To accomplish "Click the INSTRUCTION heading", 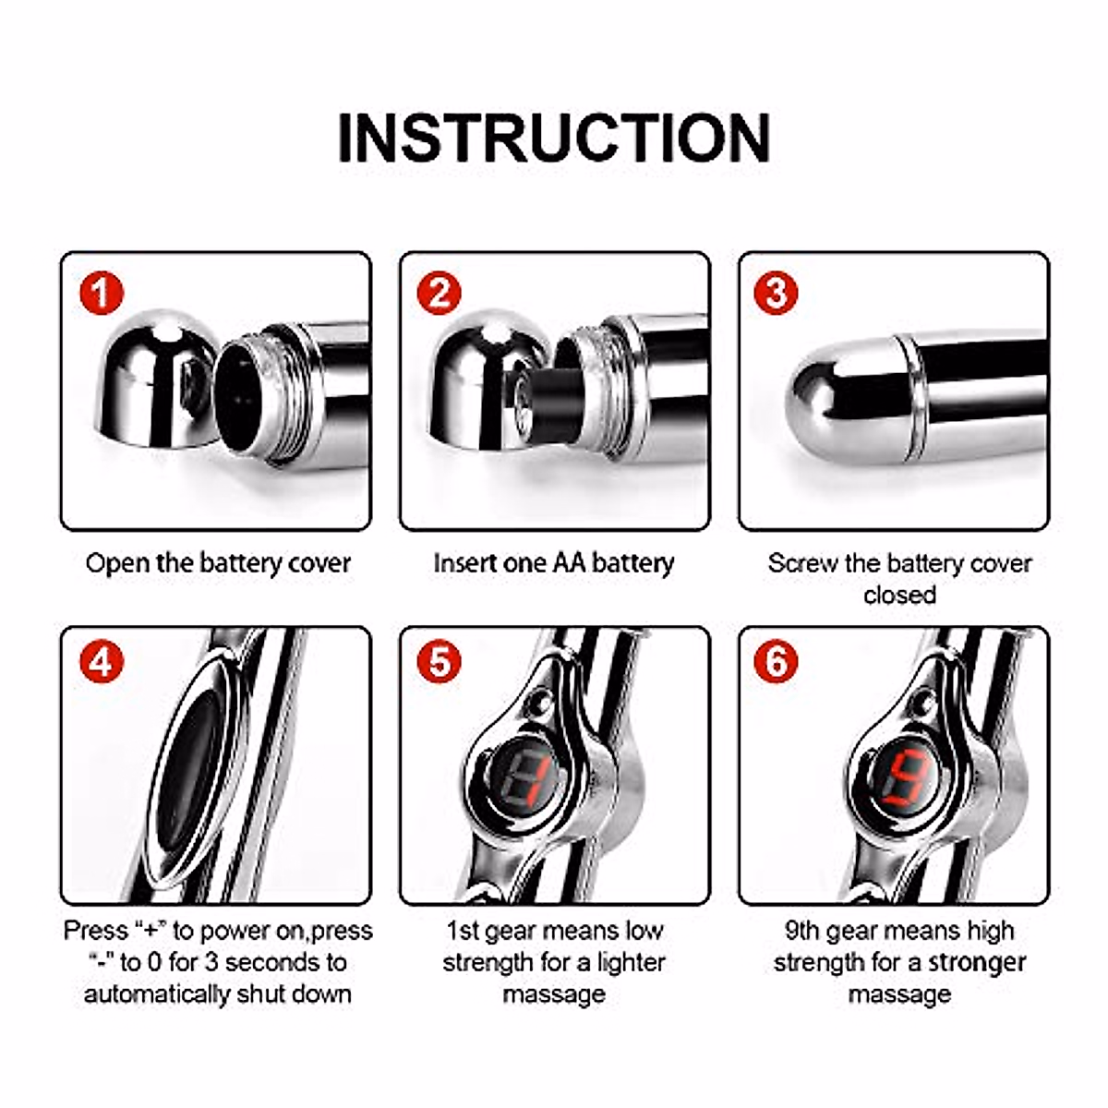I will point(554,138).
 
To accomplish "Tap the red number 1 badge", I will point(102,295).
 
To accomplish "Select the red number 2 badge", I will point(440,295).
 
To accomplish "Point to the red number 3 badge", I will point(777,295).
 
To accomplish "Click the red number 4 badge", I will point(102,662).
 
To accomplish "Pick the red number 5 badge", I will point(440,662).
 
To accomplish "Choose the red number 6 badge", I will point(777,662).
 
